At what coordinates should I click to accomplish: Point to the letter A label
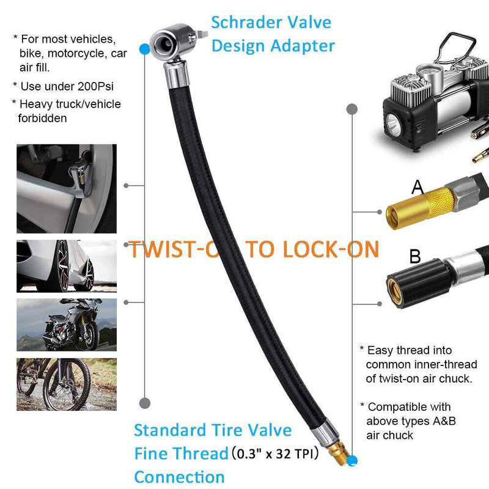[417, 187]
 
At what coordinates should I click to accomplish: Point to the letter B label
[415, 256]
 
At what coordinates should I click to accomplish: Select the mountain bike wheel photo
[66, 384]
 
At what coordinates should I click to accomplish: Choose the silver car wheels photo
[66, 266]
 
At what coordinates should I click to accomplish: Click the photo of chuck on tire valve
[66, 188]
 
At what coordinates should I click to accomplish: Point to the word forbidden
[43, 119]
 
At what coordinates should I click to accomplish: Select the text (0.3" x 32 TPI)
[284, 454]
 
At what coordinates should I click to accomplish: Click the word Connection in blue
[179, 477]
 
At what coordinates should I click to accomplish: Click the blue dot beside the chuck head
[144, 48]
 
